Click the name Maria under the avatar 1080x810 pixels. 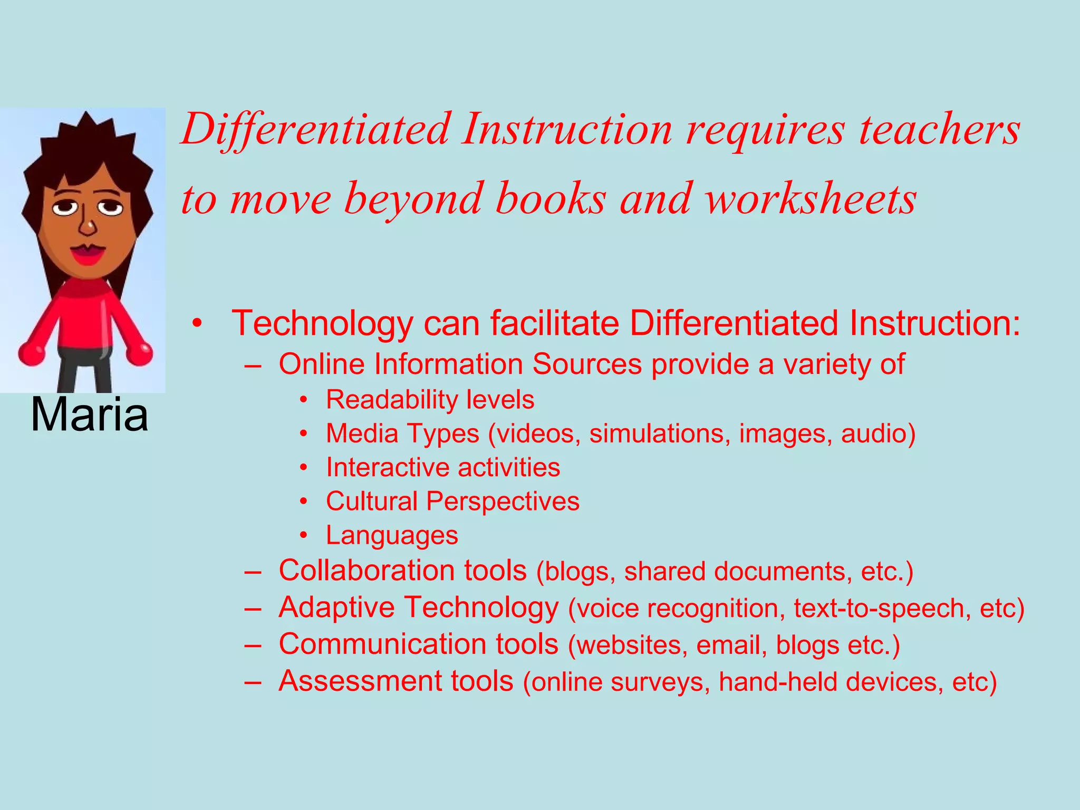click(90, 415)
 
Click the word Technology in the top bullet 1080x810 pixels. click(322, 323)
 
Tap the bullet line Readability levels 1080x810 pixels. click(430, 399)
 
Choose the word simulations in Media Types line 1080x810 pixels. click(660, 433)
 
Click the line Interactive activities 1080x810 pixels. click(443, 467)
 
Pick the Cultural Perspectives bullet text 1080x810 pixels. click(452, 501)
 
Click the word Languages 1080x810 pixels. click(392, 535)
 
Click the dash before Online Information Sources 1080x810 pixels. click(253, 365)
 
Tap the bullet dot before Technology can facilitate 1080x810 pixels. click(197, 323)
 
